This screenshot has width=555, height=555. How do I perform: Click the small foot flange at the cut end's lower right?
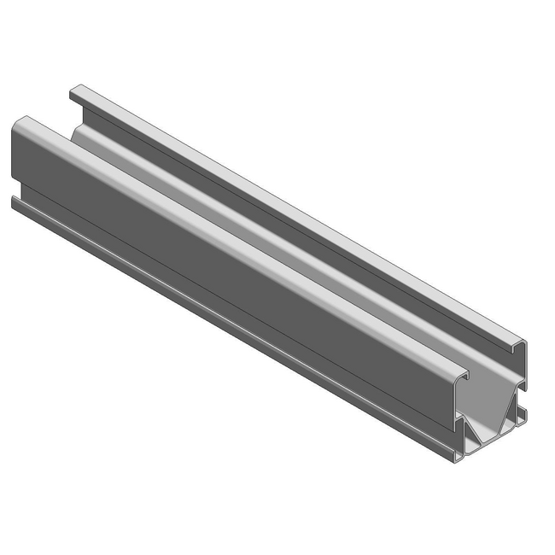point(523,414)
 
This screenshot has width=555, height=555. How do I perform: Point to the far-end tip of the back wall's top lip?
point(75,88)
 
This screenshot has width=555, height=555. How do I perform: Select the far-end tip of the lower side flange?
point(14,201)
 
